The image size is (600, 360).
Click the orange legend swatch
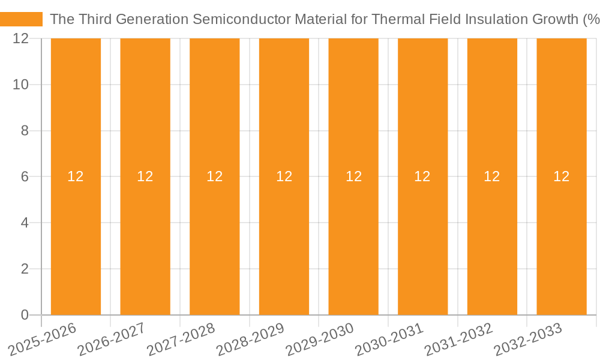pyautogui.click(x=21, y=19)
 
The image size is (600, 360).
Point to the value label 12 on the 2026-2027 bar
pyautogui.click(x=145, y=176)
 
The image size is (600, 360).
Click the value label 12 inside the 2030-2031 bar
pyautogui.click(x=422, y=176)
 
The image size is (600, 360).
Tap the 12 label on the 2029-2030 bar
pyautogui.click(x=353, y=176)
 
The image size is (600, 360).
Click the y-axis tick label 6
pyautogui.click(x=25, y=177)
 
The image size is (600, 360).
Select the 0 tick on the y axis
pyautogui.click(x=25, y=315)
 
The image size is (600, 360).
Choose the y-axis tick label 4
pyautogui.click(x=25, y=223)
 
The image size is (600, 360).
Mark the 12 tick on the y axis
pyautogui.click(x=21, y=39)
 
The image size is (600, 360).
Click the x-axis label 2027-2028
pyautogui.click(x=181, y=339)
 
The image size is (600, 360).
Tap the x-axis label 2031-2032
pyautogui.click(x=458, y=339)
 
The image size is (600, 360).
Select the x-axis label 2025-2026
pyautogui.click(x=42, y=339)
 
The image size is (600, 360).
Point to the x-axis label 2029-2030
pyautogui.click(x=319, y=339)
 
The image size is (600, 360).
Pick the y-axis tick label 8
pyautogui.click(x=25, y=131)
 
